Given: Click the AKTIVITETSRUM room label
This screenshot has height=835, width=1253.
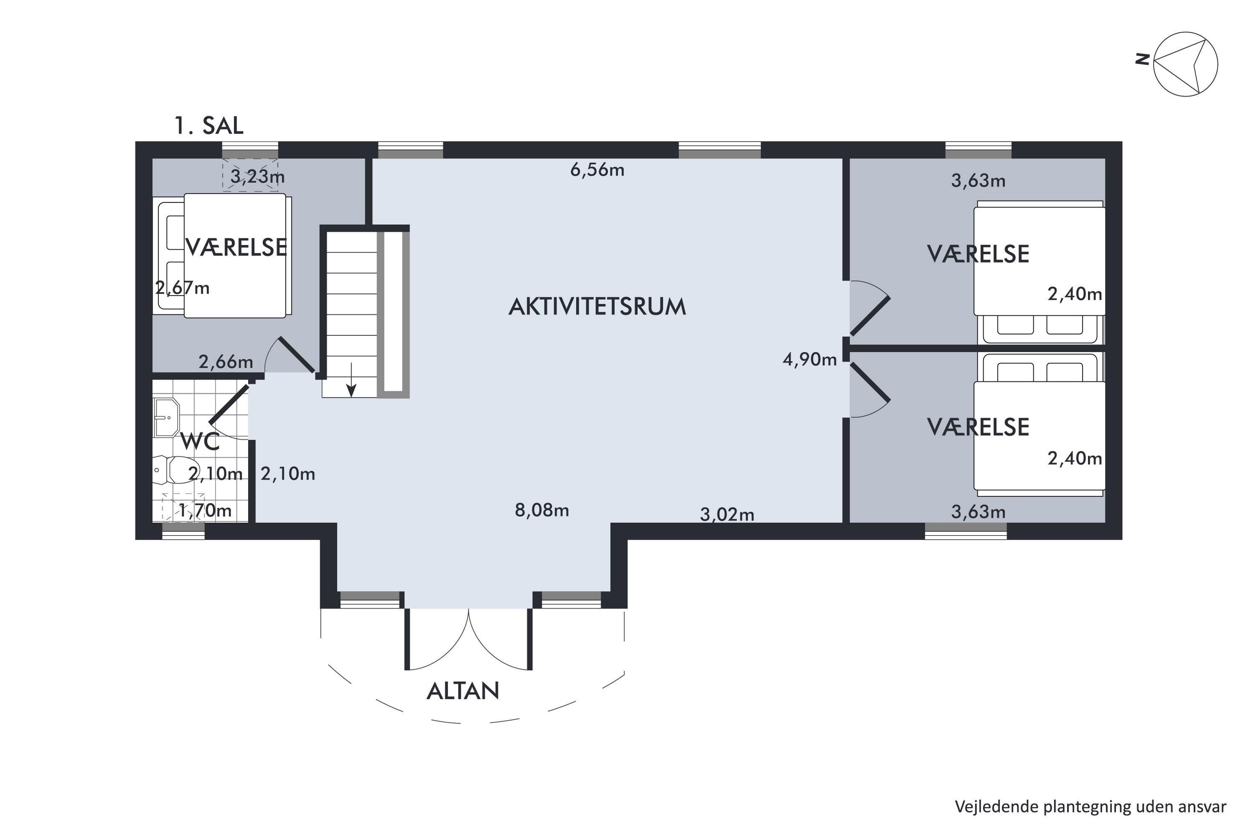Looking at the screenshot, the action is click(x=597, y=307).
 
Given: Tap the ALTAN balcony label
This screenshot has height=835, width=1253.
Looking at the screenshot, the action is click(x=463, y=691).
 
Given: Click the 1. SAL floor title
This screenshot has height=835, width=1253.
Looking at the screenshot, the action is click(x=209, y=126).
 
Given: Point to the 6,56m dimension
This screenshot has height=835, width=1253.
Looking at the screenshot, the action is click(x=597, y=170).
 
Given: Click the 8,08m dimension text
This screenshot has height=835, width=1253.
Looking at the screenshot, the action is click(x=542, y=510).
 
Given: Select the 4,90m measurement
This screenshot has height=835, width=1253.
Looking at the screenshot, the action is click(x=810, y=359).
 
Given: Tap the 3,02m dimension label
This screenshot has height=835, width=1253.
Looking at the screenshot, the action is click(x=727, y=514).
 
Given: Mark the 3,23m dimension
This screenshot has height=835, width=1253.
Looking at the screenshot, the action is click(x=257, y=176).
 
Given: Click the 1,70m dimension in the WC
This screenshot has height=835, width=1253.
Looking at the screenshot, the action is click(x=205, y=511).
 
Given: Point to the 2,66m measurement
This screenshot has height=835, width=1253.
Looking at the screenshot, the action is click(x=226, y=362).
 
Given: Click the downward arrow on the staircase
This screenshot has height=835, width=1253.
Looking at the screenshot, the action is click(x=351, y=380).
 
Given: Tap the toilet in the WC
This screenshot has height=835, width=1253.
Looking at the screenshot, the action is click(x=172, y=470).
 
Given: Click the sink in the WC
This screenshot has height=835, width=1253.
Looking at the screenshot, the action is click(x=166, y=417).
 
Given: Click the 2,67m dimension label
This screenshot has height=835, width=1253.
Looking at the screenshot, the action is click(x=182, y=288).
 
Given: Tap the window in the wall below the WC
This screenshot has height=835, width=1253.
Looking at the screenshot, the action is click(x=183, y=531).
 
